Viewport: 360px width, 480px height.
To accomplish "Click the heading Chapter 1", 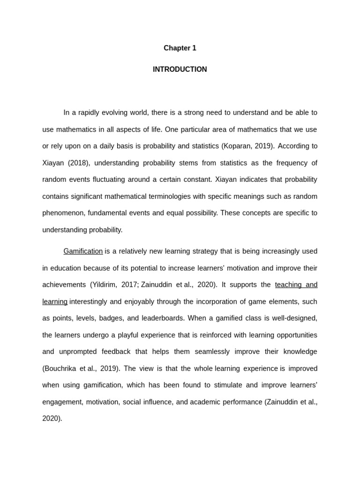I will coord(180,48).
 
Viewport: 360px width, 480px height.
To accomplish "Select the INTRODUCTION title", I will coord(180,69).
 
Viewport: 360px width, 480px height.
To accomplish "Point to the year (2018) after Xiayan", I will coord(77,163).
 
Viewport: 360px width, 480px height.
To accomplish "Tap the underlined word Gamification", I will coord(83,251).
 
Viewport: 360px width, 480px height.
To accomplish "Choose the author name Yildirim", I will coord(105,285).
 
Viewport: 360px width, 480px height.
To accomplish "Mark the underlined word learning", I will coord(55,302).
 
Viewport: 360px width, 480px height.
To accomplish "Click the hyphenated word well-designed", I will coord(295,318).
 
